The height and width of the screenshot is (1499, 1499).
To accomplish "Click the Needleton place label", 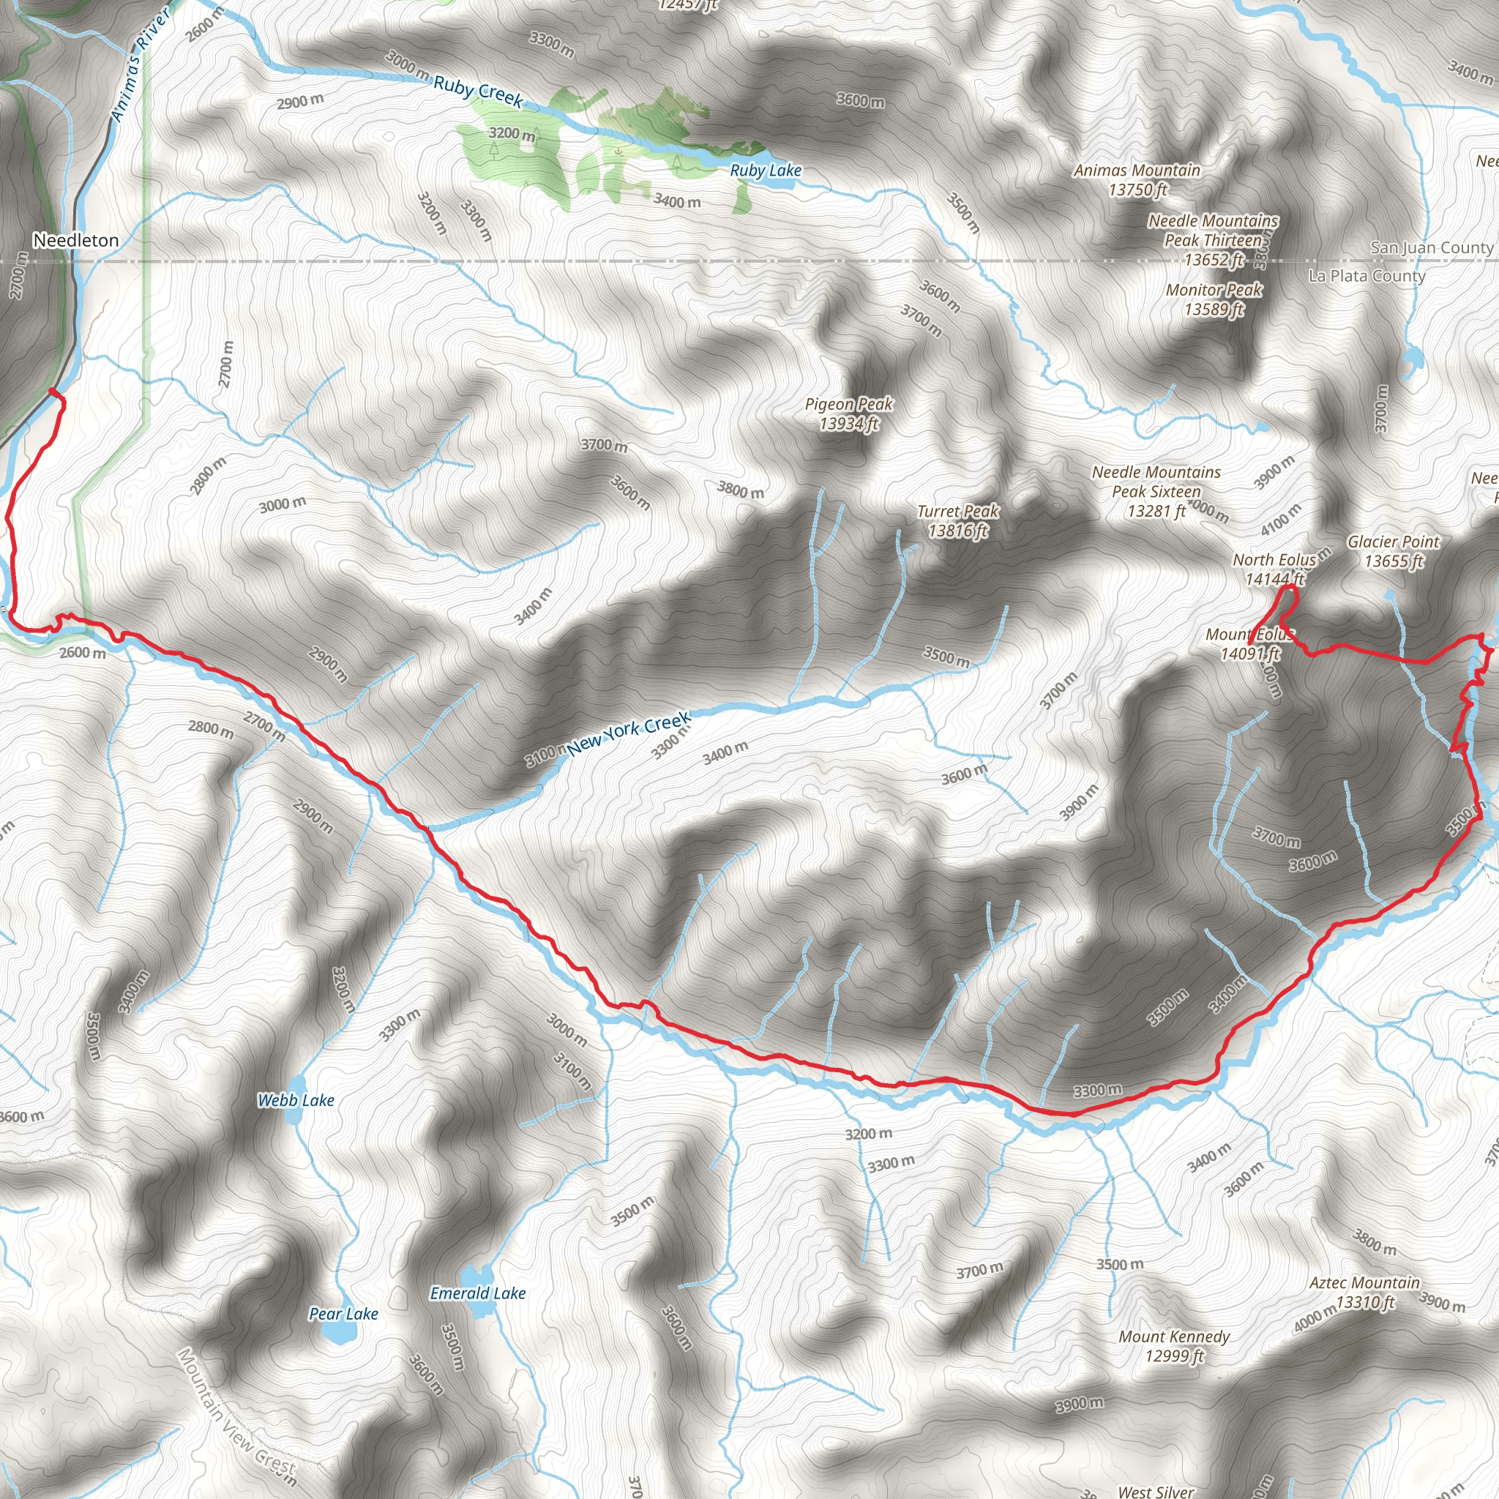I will pyautogui.click(x=76, y=241).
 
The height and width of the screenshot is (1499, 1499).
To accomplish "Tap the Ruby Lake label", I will pyautogui.click(x=765, y=171).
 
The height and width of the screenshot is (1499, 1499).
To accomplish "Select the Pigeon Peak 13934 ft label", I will pyautogui.click(x=848, y=414).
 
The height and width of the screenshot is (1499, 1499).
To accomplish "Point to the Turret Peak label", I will pyautogui.click(x=957, y=520).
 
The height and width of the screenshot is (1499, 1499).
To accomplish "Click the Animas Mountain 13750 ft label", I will pyautogui.click(x=1137, y=180).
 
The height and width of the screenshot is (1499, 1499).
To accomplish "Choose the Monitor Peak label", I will pyautogui.click(x=1214, y=299).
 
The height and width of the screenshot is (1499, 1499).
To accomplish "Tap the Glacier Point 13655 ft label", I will pyautogui.click(x=1393, y=551).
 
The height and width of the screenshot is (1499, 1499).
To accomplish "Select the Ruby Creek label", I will pyautogui.click(x=478, y=91).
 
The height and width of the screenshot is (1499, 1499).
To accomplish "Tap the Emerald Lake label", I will pyautogui.click(x=478, y=1293).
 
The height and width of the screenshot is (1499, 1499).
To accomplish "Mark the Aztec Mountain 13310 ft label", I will pyautogui.click(x=1364, y=1293).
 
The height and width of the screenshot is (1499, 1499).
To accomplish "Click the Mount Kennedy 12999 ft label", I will pyautogui.click(x=1174, y=1345).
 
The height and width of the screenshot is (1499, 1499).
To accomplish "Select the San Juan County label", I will pyautogui.click(x=1431, y=247).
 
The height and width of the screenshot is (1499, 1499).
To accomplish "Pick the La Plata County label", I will pyautogui.click(x=1367, y=276).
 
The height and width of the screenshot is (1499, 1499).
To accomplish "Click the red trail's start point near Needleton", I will pyautogui.click(x=52, y=391).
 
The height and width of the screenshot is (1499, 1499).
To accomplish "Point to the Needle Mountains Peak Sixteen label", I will pyautogui.click(x=1155, y=491).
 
